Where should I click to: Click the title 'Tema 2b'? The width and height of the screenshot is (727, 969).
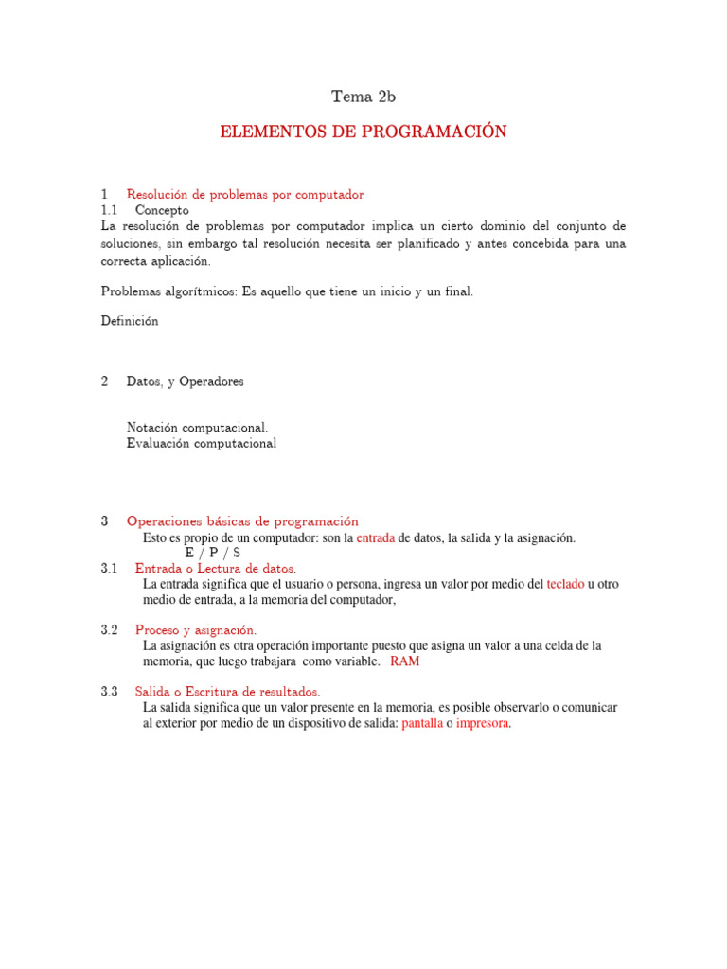pyautogui.click(x=363, y=96)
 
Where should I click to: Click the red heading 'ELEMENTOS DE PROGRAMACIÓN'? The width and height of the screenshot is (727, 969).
pyautogui.click(x=363, y=132)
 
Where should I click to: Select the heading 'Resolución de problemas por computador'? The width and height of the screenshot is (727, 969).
pyautogui.click(x=245, y=194)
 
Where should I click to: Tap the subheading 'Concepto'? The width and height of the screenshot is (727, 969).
pyautogui.click(x=162, y=209)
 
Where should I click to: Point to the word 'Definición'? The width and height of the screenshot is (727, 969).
pyautogui.click(x=130, y=321)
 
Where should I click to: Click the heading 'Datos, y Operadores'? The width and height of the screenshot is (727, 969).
pyautogui.click(x=185, y=381)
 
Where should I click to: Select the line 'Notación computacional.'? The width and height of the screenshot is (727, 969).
pyautogui.click(x=190, y=428)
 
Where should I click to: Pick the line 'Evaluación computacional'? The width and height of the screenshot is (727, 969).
pyautogui.click(x=202, y=443)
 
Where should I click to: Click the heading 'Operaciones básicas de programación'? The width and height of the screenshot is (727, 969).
pyautogui.click(x=242, y=521)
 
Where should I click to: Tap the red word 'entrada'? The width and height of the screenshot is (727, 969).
pyautogui.click(x=375, y=537)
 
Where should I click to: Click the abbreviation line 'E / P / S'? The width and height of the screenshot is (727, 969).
pyautogui.click(x=213, y=553)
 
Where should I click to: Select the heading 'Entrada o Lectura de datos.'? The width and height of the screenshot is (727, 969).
pyautogui.click(x=216, y=569)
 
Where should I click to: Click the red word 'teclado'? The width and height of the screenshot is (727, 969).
pyautogui.click(x=565, y=584)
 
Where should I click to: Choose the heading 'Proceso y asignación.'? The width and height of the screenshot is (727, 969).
pyautogui.click(x=196, y=630)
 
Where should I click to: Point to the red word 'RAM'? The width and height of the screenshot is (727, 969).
pyautogui.click(x=405, y=661)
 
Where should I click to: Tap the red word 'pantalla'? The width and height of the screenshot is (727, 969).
pyautogui.click(x=422, y=723)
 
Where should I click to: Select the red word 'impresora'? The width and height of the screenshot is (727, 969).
pyautogui.click(x=482, y=723)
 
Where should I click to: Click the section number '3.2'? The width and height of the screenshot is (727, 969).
pyautogui.click(x=109, y=630)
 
